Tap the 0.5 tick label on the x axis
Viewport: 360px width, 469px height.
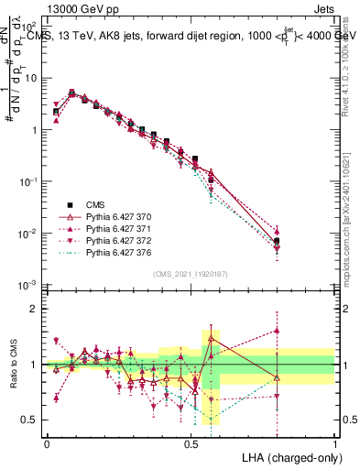click(191, 442)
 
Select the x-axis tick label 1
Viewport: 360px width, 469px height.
click(334, 442)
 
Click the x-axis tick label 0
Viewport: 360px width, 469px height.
click(47, 442)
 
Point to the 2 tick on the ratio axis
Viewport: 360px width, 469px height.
click(37, 309)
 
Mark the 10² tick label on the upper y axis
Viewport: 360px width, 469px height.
click(29, 25)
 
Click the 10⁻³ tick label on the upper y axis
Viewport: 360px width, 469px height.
click(29, 286)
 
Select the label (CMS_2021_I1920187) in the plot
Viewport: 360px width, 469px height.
click(191, 273)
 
